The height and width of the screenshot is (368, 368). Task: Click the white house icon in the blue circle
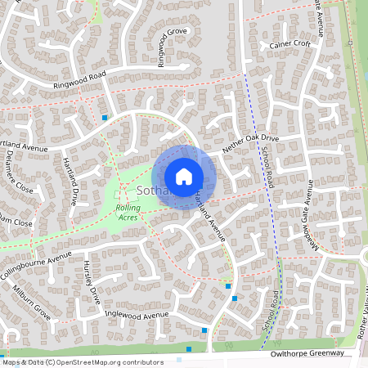click(x=184, y=176)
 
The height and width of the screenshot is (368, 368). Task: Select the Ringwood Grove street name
click(x=173, y=48)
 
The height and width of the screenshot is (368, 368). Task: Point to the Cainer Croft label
click(x=290, y=45)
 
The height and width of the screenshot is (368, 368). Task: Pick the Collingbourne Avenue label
click(x=37, y=270)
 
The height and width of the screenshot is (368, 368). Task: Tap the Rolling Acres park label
click(x=128, y=213)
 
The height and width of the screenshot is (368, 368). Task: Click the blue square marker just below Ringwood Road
click(x=105, y=118)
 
